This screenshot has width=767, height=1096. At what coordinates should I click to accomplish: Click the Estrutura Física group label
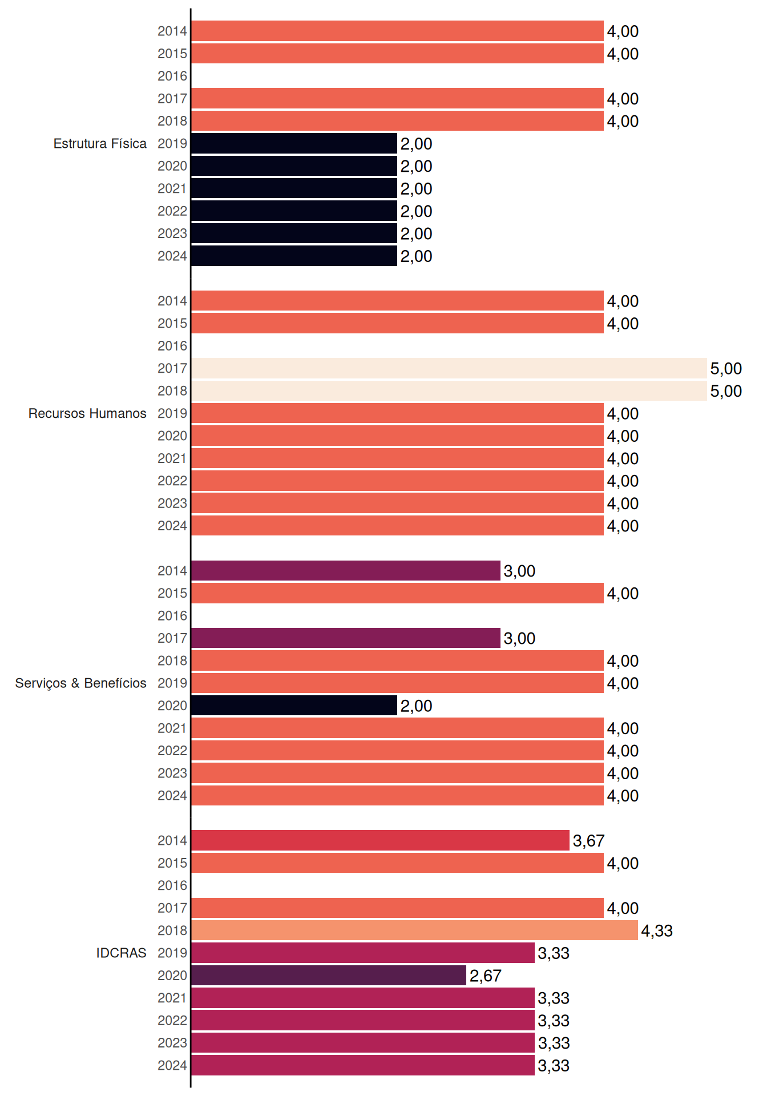[100, 143]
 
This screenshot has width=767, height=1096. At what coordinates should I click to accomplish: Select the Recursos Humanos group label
[87, 413]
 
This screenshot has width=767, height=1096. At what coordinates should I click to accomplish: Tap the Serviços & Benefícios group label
[80, 683]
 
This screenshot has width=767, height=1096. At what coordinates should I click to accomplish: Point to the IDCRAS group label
[121, 953]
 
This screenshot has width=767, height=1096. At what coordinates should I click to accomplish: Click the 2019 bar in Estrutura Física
[294, 143]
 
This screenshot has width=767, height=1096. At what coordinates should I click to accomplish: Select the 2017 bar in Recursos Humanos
[449, 368]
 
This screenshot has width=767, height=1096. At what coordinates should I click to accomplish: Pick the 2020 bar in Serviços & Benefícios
[294, 706]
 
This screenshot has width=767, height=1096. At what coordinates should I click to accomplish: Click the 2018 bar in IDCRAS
[414, 930]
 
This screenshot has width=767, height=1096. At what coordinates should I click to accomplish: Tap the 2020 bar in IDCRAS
[329, 976]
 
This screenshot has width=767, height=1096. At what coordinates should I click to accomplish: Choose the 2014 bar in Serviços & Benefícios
[346, 571]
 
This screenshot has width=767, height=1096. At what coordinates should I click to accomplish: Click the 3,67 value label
[588, 841]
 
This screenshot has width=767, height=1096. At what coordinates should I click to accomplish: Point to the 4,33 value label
[657, 931]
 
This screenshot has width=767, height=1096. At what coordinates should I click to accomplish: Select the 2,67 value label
[486, 976]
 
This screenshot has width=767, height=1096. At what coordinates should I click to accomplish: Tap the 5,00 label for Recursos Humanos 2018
[726, 391]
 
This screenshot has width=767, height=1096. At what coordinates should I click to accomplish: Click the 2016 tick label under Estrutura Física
[172, 76]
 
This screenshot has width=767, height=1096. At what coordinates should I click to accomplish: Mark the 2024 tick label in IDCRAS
[172, 1065]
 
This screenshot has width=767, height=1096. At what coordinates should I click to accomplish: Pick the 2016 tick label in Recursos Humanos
[172, 346]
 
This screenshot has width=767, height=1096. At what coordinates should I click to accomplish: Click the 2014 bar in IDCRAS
[380, 840]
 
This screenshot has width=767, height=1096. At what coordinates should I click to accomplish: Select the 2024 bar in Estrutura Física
[294, 256]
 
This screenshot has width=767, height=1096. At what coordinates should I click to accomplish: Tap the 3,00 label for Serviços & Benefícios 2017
[519, 638]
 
